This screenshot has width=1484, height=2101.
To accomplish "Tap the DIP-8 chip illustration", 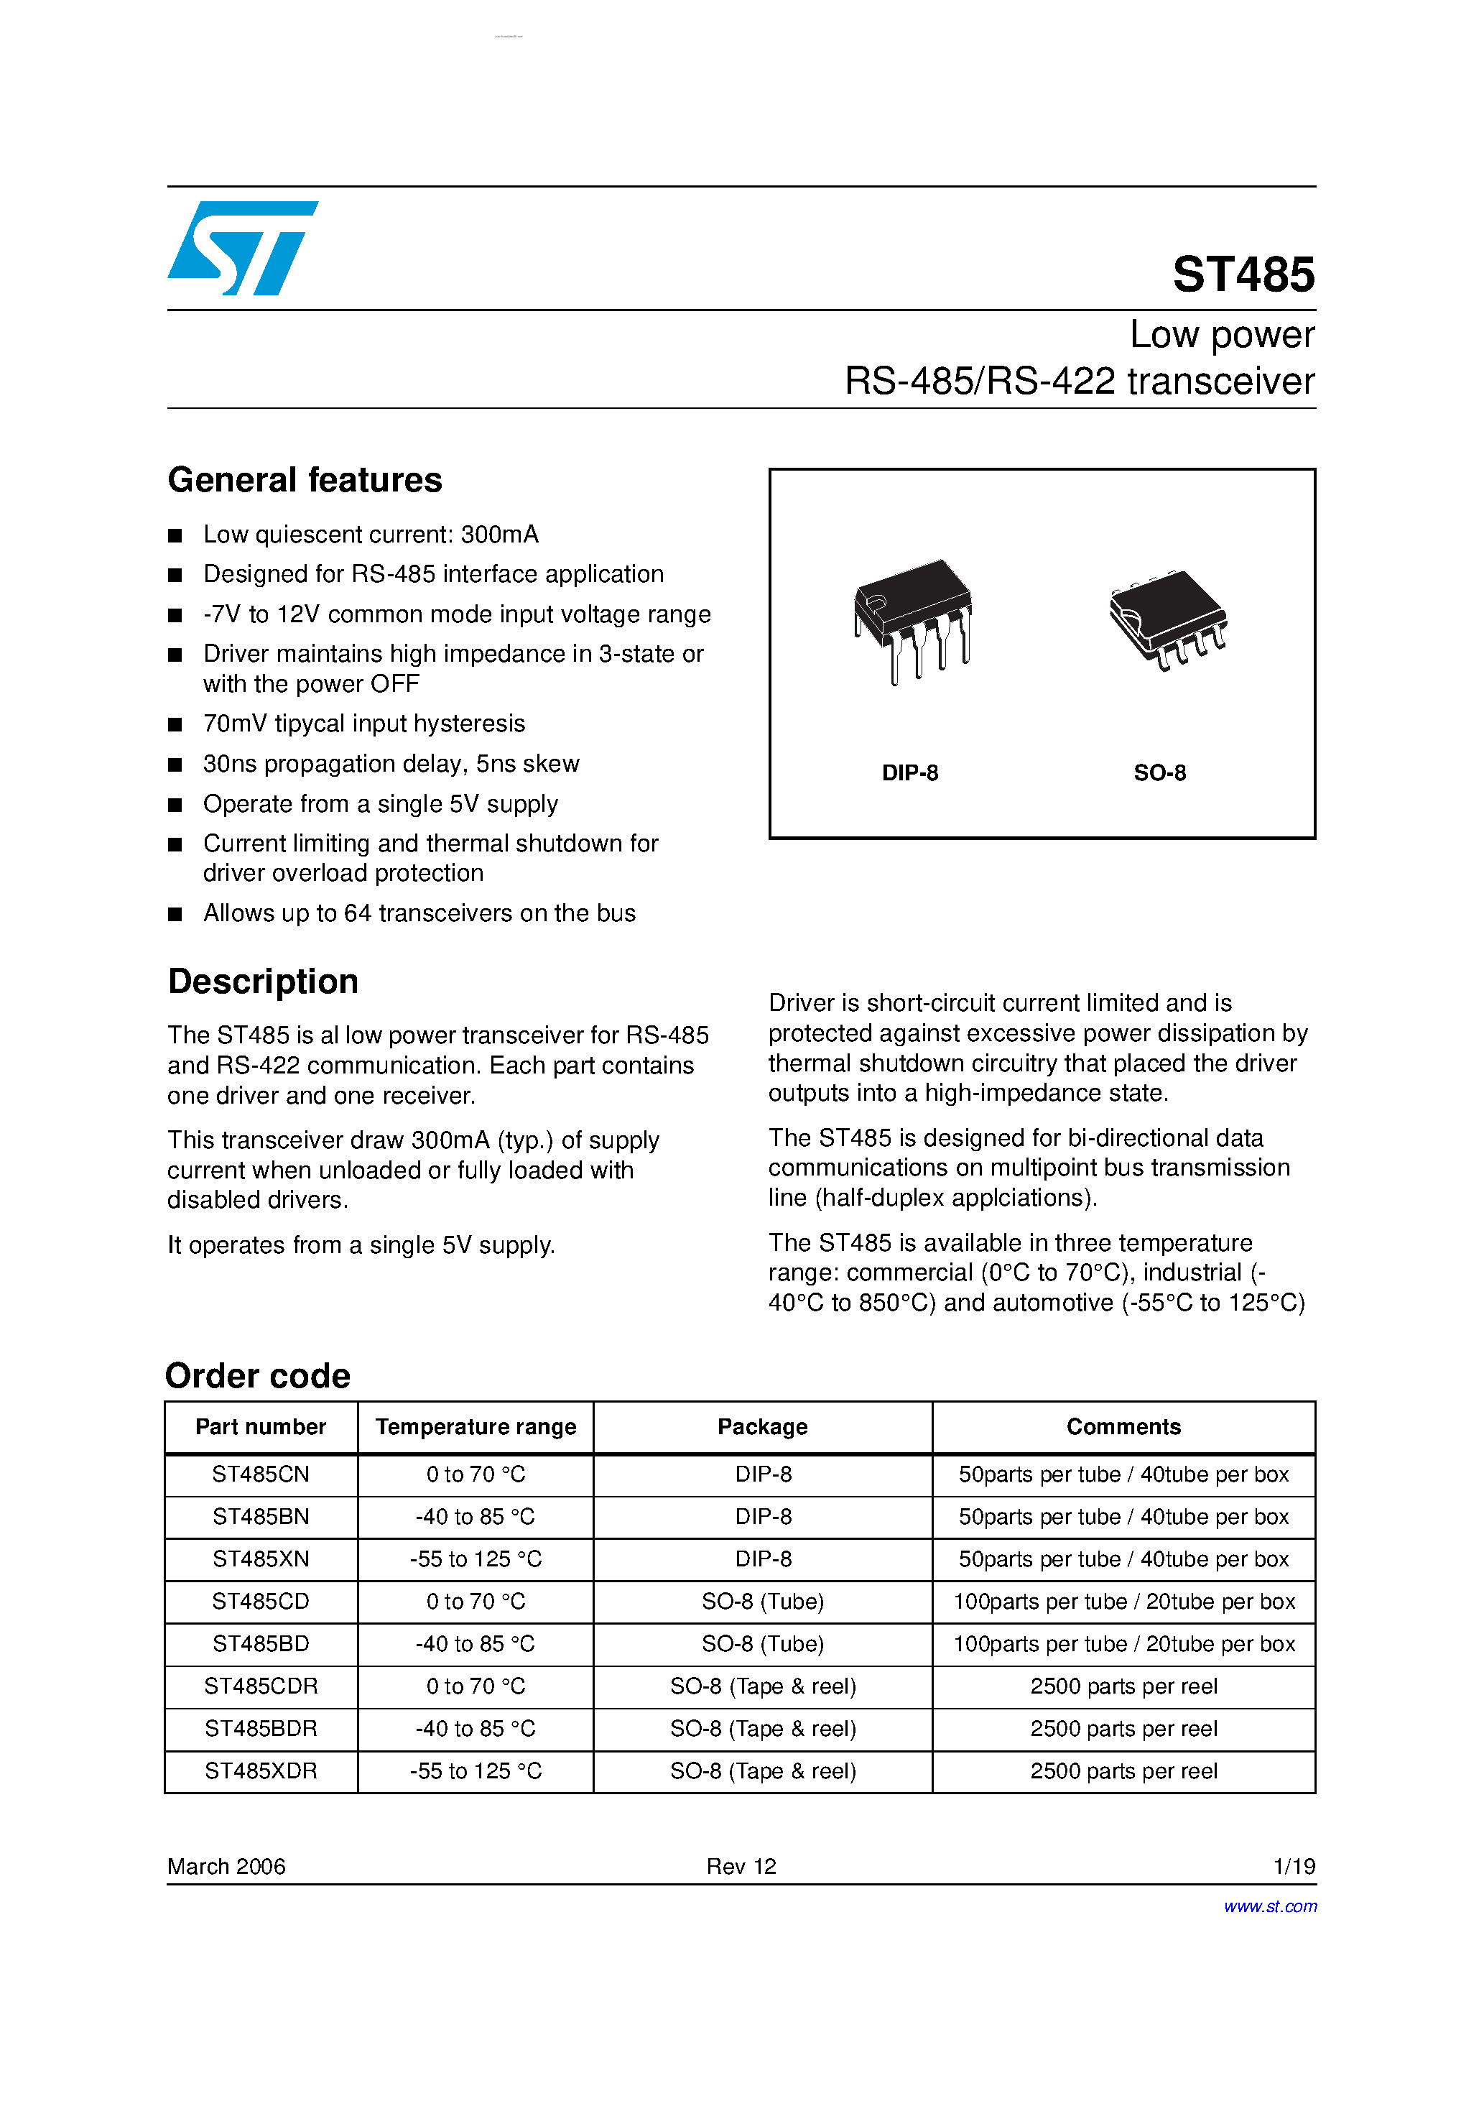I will tap(912, 619).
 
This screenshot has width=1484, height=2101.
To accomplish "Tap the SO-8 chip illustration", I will tap(1167, 619).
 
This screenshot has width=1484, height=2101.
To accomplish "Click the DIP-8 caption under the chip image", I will tap(909, 773).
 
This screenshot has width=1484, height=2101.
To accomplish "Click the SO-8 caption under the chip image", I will tap(1159, 773).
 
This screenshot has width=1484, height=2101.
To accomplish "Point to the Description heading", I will tap(263, 982).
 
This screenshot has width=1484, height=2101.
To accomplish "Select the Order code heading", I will tap(258, 1376).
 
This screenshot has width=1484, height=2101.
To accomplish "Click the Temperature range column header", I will tap(476, 1428).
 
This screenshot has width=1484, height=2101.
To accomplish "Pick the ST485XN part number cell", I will tap(261, 1559).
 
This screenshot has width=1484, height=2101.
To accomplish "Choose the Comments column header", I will tap(1123, 1428).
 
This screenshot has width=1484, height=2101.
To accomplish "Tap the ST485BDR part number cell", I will tap(261, 1730).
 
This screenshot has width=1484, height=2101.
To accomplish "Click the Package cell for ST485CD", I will tap(762, 1602).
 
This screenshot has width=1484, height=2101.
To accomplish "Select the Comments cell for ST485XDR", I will tap(1123, 1772).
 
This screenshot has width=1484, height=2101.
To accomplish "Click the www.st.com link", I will tap(1270, 1907).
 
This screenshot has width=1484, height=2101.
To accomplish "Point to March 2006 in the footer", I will tap(226, 1867).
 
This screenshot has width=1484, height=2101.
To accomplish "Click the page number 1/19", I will tap(1294, 1867).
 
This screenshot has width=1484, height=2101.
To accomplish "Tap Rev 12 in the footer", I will tap(741, 1867).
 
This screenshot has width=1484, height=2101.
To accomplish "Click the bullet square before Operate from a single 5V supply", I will tap(175, 805).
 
